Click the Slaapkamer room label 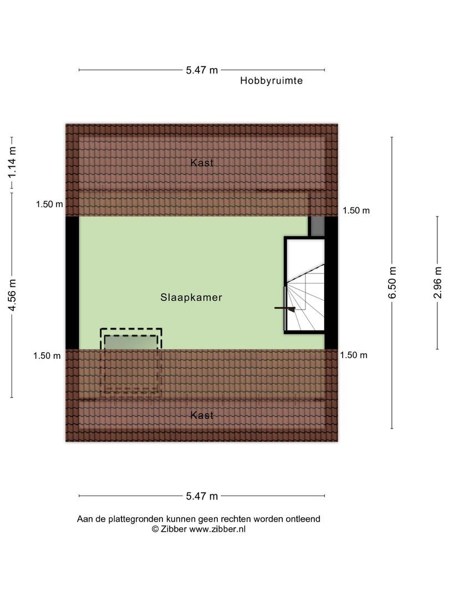tap(191, 297)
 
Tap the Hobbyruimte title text tap(271, 80)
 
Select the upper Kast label tap(202, 162)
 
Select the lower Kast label tap(202, 415)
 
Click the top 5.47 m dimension tap(202, 70)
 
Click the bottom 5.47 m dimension tap(202, 496)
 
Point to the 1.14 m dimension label tap(12, 162)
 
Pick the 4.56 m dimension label tap(12, 295)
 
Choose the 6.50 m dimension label tap(392, 282)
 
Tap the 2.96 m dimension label tap(437, 282)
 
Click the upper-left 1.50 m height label tap(49, 204)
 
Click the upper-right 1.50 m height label tap(356, 210)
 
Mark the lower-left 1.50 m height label tap(47, 355)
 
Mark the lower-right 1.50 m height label tap(354, 355)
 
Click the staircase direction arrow tap(285, 308)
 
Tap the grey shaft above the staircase tap(316, 226)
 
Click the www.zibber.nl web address tap(217, 529)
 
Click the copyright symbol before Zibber tap(155, 529)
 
